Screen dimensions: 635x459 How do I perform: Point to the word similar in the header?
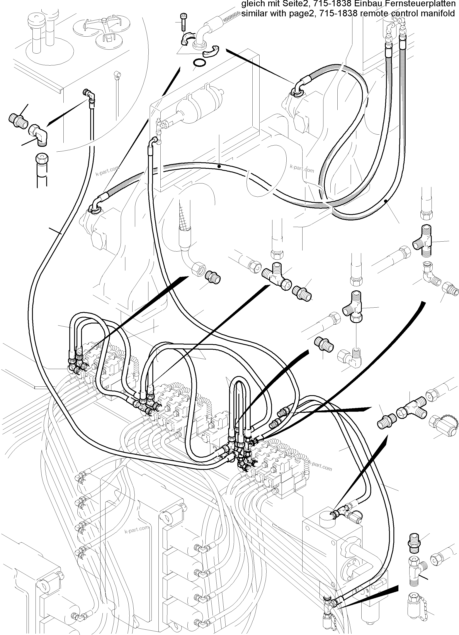(253, 13)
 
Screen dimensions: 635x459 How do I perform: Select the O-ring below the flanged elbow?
(199, 63)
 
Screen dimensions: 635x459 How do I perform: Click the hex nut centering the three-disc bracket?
(104, 20)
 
